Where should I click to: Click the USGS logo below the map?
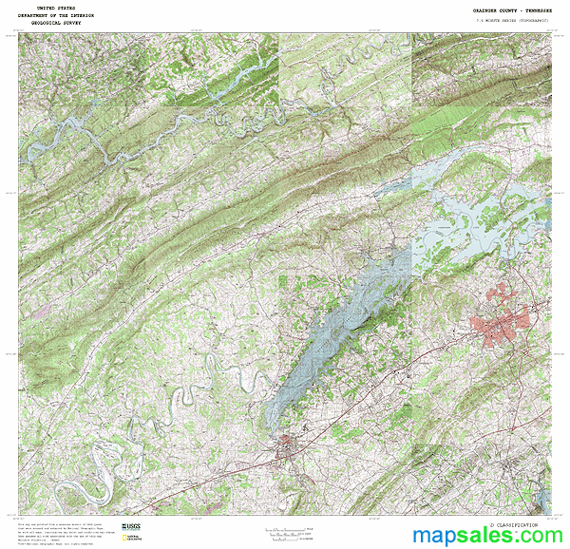point(131,527)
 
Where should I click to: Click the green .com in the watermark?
point(539,537)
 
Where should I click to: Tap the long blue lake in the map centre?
point(332,332)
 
